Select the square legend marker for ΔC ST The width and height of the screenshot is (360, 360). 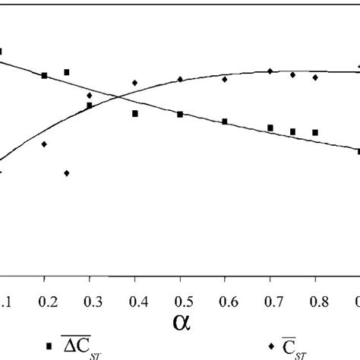49,346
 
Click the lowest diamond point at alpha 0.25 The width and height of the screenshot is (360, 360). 67,173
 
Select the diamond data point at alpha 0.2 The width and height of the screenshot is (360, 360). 45,144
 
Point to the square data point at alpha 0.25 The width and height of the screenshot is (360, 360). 67,72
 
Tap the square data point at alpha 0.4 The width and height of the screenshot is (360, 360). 135,114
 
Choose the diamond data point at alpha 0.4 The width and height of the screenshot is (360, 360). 135,83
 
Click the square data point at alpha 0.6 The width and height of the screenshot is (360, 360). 225,122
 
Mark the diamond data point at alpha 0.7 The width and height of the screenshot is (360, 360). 270,71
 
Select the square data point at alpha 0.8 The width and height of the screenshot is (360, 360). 314,132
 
